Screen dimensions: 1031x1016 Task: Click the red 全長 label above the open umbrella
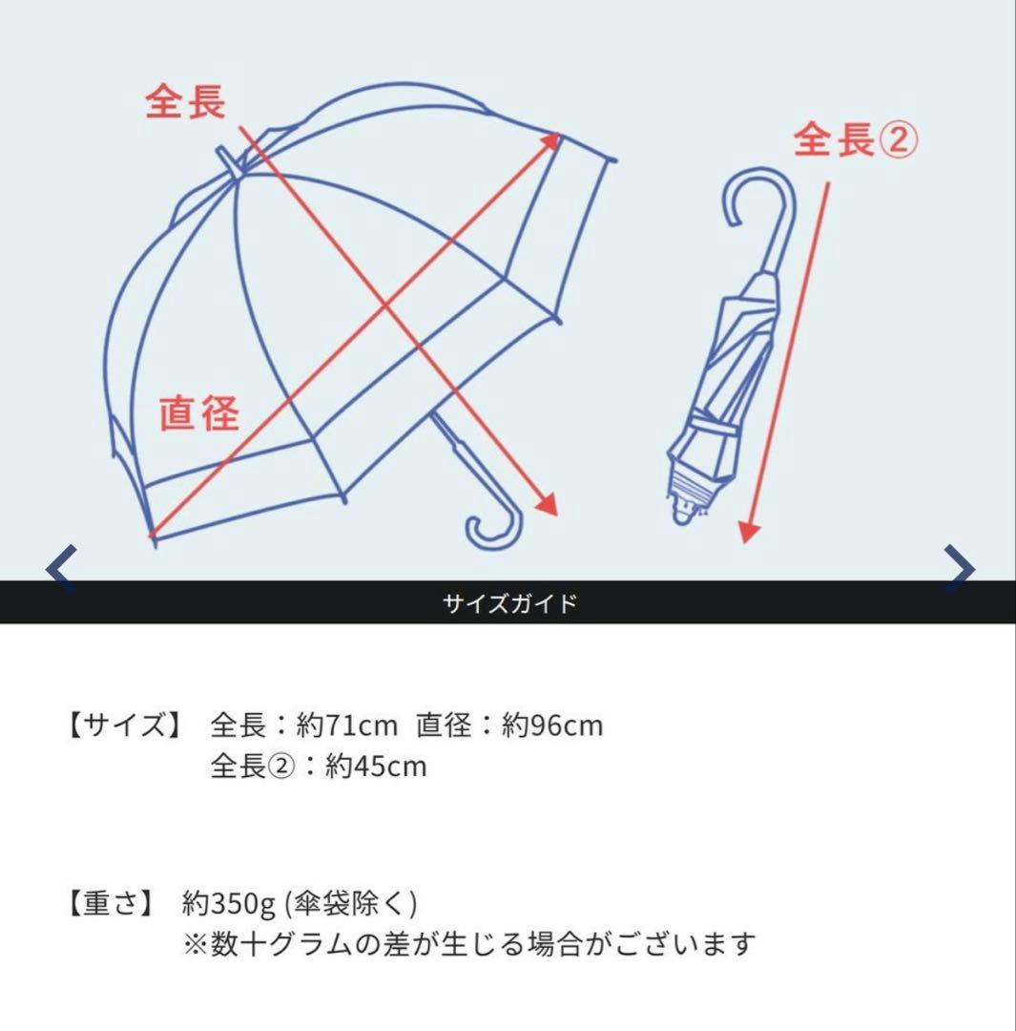tap(185, 102)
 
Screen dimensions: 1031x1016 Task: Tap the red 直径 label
tap(199, 413)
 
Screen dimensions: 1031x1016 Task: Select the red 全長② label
tap(855, 141)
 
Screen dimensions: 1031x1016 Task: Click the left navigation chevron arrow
tap(61, 570)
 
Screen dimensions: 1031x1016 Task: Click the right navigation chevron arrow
tap(959, 570)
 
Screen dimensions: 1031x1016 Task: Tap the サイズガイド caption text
tap(509, 603)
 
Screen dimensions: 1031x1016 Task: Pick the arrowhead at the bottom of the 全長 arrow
tap(546, 504)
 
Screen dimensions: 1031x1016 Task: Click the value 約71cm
tap(345, 726)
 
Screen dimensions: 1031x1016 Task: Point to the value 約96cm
tap(552, 726)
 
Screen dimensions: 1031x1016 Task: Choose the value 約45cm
tap(376, 767)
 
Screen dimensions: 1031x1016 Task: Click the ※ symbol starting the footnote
tap(195, 945)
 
